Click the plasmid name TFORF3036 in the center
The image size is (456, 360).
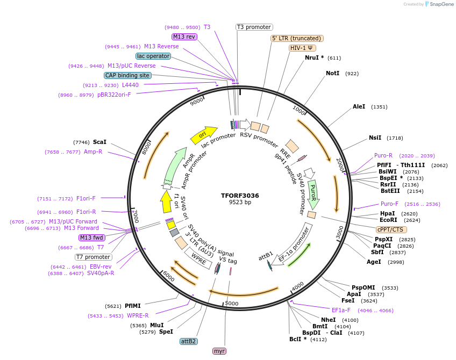pyautogui.click(x=240, y=196)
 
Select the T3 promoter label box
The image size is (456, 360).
pyautogui.click(x=254, y=27)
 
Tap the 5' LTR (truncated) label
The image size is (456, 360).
pyautogui.click(x=296, y=38)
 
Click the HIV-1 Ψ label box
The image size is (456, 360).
pyautogui.click(x=302, y=48)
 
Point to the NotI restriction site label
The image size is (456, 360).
pyautogui.click(x=332, y=73)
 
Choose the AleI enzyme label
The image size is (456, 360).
pyautogui.click(x=359, y=107)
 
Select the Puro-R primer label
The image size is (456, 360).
pyautogui.click(x=383, y=155)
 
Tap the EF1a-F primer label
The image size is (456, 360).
pyautogui.click(x=341, y=310)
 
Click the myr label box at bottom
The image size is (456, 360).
pyautogui.click(x=219, y=351)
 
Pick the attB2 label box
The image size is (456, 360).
pyautogui.click(x=188, y=341)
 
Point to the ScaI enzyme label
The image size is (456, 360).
pyautogui.click(x=99, y=142)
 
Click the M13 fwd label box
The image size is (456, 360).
pyautogui.click(x=92, y=237)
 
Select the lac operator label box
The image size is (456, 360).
pyautogui.click(x=153, y=56)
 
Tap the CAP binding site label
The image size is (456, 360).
pyautogui.click(x=127, y=75)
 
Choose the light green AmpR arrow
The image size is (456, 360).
pyautogui.click(x=175, y=165)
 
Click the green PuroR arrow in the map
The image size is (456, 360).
pyautogui.click(x=313, y=194)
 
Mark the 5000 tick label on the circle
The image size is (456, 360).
pyautogui.click(x=231, y=304)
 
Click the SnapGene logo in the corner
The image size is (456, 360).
pyautogui.click(x=439, y=4)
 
